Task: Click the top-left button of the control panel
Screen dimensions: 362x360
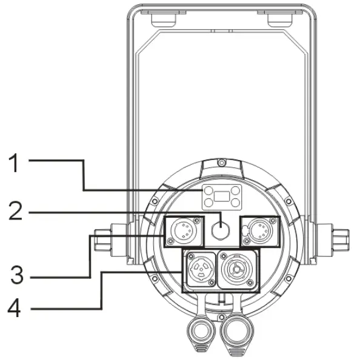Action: click(x=208, y=190)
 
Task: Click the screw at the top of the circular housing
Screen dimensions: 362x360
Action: click(x=222, y=162)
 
